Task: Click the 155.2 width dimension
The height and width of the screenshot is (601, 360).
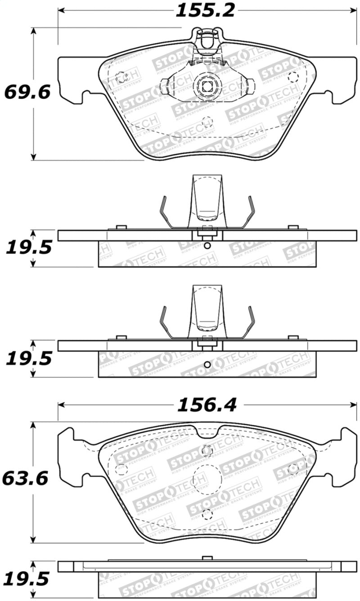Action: click(x=205, y=10)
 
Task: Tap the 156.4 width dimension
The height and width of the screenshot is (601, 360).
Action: click(x=207, y=405)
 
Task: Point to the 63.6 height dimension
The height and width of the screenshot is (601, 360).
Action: click(x=25, y=479)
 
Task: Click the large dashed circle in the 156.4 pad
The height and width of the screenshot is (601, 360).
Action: click(x=206, y=479)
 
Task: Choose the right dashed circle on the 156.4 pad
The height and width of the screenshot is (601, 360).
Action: click(x=293, y=468)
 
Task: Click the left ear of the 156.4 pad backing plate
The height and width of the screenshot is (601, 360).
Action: click(x=66, y=457)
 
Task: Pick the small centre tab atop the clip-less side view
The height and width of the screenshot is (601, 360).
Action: click(x=207, y=558)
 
